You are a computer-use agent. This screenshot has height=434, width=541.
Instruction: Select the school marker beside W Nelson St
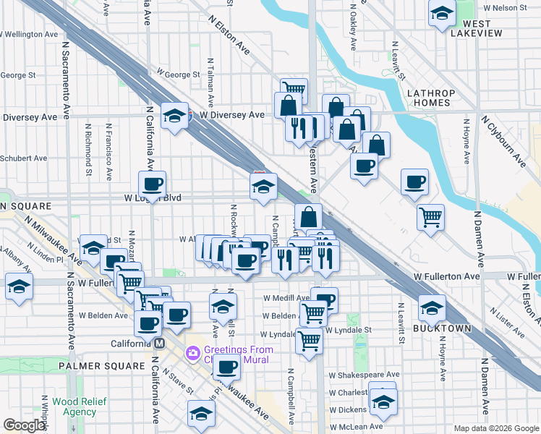(441, 13)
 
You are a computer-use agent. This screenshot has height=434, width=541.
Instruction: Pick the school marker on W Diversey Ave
(174, 116)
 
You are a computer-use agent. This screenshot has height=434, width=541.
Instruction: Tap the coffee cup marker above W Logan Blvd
(153, 184)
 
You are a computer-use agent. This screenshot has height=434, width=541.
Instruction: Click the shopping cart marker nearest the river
(430, 216)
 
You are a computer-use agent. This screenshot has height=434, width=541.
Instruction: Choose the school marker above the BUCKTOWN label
(432, 308)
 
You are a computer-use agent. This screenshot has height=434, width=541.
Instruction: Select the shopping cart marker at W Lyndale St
(309, 340)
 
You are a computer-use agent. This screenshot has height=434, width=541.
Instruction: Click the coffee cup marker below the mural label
(227, 369)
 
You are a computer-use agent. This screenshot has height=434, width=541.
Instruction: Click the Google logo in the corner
(25, 425)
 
